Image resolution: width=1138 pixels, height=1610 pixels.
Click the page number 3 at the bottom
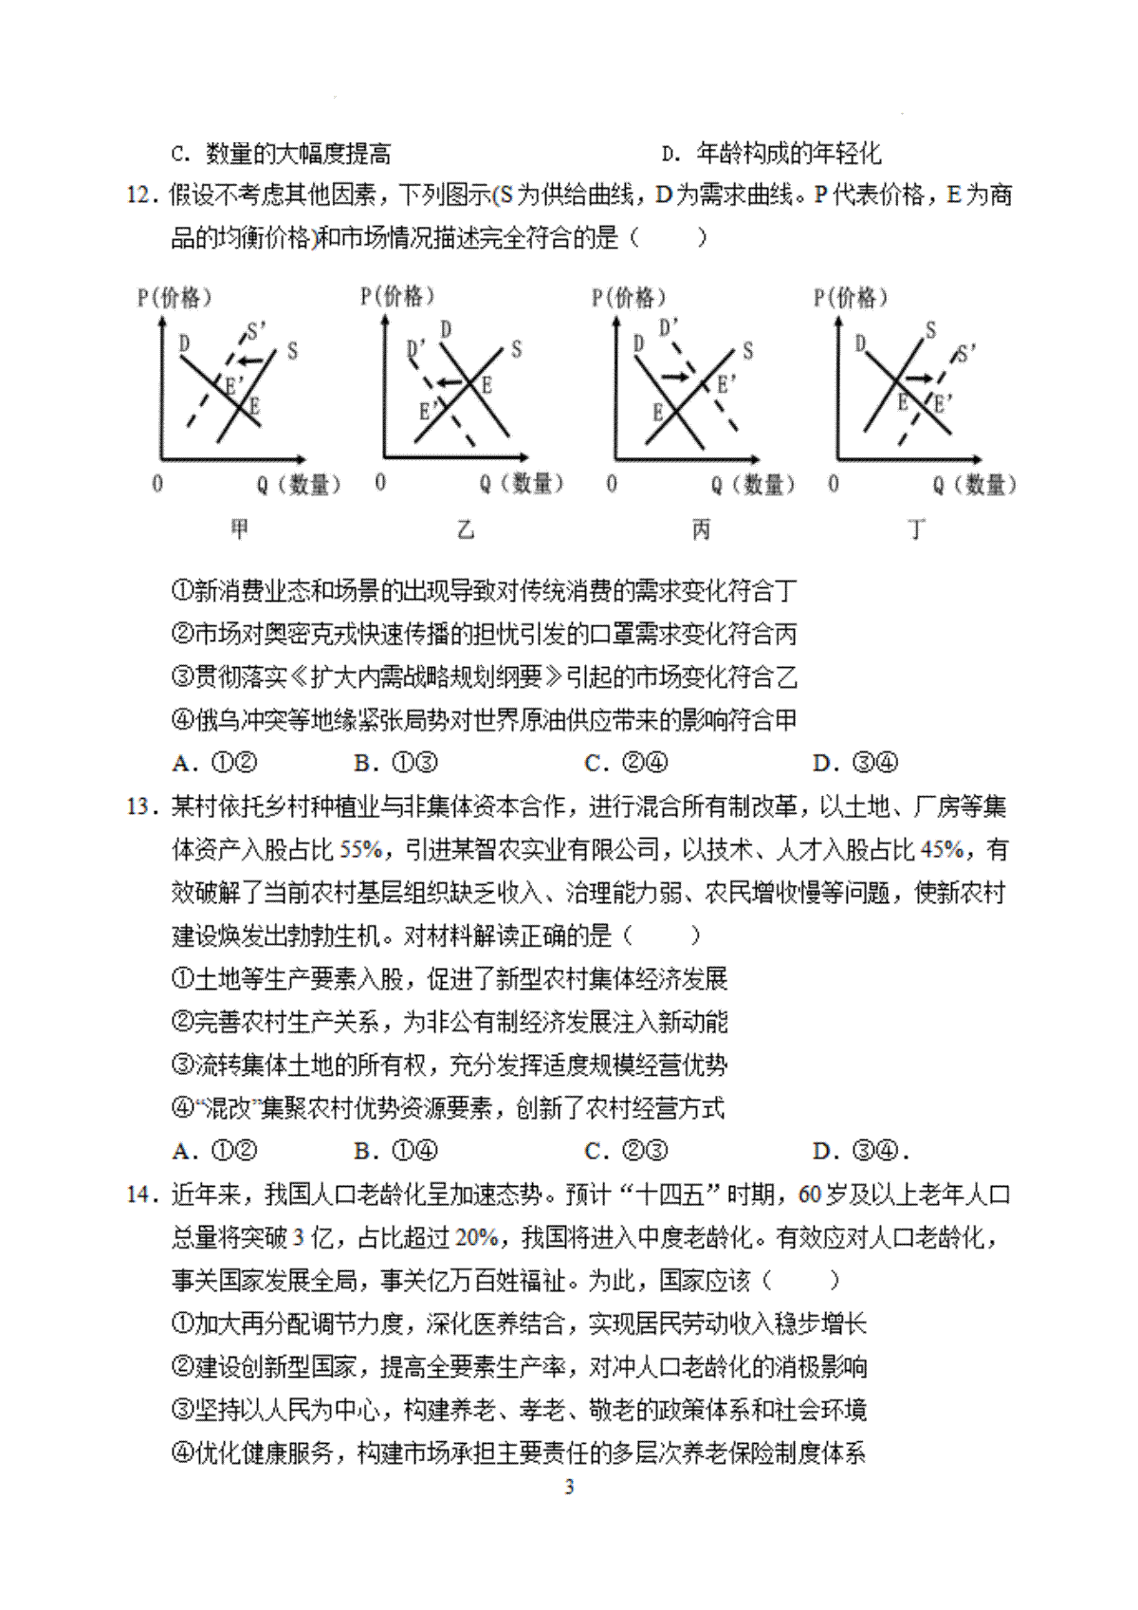point(569,1487)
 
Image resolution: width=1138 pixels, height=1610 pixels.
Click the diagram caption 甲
point(240,528)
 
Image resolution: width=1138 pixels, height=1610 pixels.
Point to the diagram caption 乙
point(465,528)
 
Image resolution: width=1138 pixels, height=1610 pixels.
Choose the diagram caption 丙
point(701,528)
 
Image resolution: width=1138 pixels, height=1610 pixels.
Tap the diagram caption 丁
point(916,528)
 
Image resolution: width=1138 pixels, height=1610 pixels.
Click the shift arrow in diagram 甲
point(250,361)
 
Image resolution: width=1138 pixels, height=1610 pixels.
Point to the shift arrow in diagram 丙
point(675,377)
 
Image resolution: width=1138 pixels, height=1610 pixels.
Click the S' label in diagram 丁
point(966,354)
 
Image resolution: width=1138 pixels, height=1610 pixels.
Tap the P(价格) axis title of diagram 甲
point(174,298)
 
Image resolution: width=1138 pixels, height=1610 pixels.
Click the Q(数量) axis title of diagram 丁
point(975,485)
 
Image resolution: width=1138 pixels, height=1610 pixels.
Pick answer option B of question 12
point(395,763)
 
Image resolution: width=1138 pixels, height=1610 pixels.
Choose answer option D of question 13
point(860,1152)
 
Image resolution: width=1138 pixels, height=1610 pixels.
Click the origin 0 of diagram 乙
point(380,482)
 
